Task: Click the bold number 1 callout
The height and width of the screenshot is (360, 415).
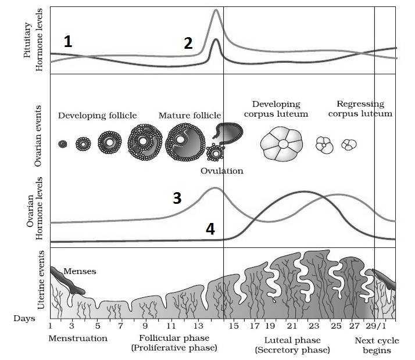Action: coord(69,41)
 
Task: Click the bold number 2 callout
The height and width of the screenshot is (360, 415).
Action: coord(188,43)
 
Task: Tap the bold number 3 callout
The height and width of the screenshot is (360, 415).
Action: coord(177,198)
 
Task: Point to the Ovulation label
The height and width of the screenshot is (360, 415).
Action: coord(221,171)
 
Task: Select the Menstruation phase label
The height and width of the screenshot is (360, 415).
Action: coord(78,338)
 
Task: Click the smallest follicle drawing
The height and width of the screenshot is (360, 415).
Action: coord(63,144)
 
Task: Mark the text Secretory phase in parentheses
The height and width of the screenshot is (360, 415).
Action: coord(292,350)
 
